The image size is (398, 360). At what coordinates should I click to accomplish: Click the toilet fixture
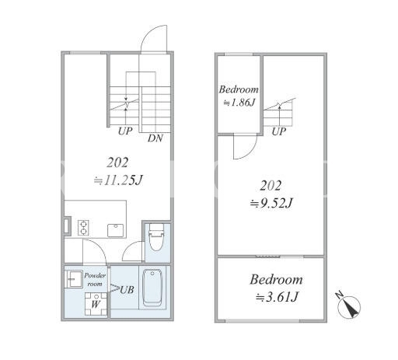[x=156, y=237]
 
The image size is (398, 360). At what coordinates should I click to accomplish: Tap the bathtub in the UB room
[x=152, y=288]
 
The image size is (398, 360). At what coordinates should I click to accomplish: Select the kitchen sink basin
[x=116, y=230]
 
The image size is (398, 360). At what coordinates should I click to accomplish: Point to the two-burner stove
[x=83, y=228]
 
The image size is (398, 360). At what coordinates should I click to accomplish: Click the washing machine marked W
[x=96, y=304]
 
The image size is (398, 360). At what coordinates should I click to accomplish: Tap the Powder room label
[x=95, y=279]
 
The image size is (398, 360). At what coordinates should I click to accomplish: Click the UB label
[x=127, y=290]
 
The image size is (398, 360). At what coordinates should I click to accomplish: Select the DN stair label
[x=155, y=138]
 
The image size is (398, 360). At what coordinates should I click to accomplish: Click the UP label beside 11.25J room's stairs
[x=125, y=131]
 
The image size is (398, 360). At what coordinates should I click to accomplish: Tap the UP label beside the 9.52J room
[x=279, y=131]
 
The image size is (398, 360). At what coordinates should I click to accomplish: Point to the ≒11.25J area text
[x=118, y=180]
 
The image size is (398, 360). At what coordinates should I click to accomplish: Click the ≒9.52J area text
[x=271, y=203]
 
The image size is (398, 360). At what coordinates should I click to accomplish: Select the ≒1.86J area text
[x=239, y=103]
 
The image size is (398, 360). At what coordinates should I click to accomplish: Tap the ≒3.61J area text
[x=276, y=297]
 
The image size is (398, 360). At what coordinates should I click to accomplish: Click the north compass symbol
[x=349, y=306]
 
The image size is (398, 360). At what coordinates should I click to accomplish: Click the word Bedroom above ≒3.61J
[x=276, y=280]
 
